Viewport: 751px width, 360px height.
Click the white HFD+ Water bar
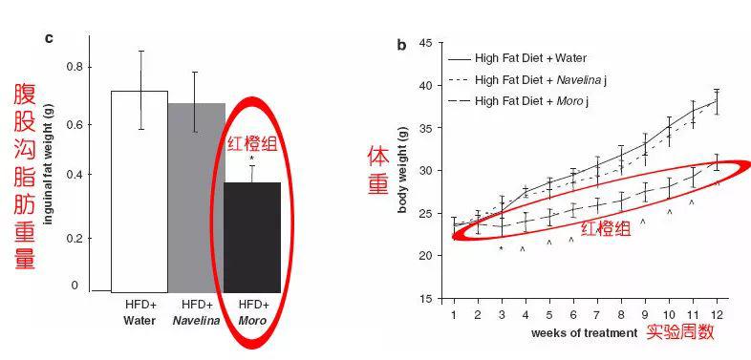[x=139, y=192]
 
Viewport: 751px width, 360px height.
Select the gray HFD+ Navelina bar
[x=197, y=198]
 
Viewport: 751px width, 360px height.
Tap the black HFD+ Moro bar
[x=252, y=238]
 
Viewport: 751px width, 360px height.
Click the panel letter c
[x=49, y=39]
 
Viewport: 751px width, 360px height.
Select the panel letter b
[x=401, y=46]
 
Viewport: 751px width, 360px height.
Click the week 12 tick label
[x=717, y=315]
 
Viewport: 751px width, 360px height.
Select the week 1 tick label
[x=454, y=315]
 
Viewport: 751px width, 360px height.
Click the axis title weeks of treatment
[x=585, y=333]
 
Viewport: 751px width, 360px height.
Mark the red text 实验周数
[x=680, y=331]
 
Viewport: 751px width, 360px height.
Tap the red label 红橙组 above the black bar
[x=252, y=144]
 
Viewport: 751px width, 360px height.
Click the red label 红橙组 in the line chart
[x=606, y=229]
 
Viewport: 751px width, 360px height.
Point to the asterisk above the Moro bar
[x=251, y=159]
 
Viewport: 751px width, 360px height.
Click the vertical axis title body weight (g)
[x=402, y=171]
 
